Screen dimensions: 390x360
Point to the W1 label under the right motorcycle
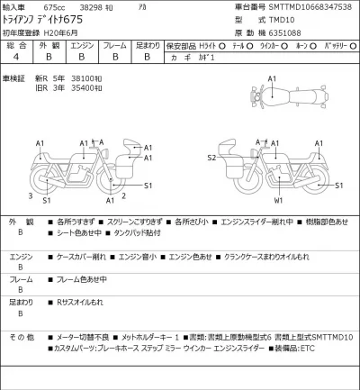tap(279, 201)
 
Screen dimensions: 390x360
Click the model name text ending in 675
tap(45, 20)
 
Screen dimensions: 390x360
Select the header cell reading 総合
tap(17, 43)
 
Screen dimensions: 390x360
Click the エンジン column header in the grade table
tap(82, 43)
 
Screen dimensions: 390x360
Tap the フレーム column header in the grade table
tap(114, 43)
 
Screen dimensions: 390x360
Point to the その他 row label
tap(22, 337)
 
